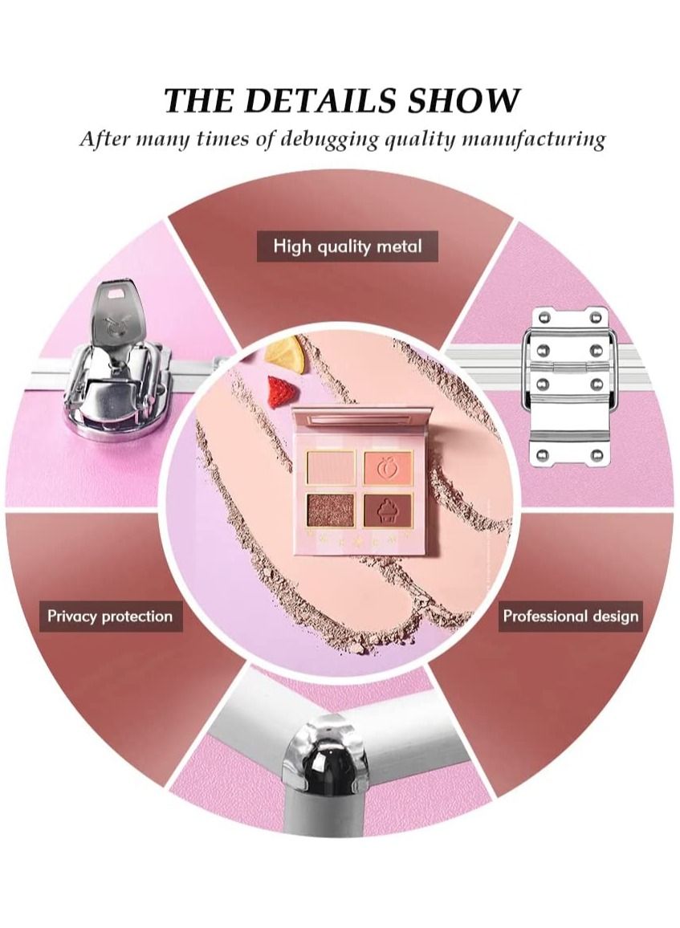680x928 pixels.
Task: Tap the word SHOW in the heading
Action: (464, 101)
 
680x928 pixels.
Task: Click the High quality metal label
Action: (347, 246)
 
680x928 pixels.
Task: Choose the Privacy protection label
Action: (110, 617)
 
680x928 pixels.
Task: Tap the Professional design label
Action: (570, 617)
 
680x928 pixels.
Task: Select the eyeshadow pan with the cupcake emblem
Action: (389, 509)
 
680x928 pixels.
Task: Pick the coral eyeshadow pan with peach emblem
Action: (389, 466)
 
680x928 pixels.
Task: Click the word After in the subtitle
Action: (104, 139)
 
